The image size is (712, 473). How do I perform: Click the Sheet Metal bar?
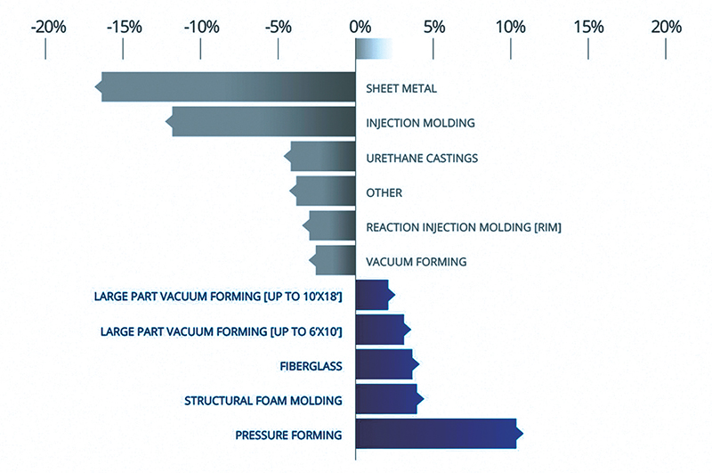227,87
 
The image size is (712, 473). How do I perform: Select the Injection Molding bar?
263,122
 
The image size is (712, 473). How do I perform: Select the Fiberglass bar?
385,364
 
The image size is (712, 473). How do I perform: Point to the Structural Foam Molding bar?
387,399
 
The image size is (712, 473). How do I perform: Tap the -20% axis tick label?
48,27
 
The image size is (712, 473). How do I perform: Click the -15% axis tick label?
125,27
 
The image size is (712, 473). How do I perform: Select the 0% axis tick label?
360,27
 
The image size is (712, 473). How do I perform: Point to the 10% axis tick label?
510,27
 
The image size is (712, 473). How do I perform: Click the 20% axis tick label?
665,27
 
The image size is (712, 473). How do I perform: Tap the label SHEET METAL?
401,88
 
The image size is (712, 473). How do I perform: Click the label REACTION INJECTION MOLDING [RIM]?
463,227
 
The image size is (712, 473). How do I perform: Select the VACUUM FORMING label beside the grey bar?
416,262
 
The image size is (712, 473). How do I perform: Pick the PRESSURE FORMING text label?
288,435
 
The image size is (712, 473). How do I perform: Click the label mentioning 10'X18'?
218,296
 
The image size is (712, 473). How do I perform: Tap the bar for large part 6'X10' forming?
381,330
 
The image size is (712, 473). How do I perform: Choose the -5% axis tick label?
279,27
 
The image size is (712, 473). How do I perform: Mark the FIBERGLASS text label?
311,365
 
